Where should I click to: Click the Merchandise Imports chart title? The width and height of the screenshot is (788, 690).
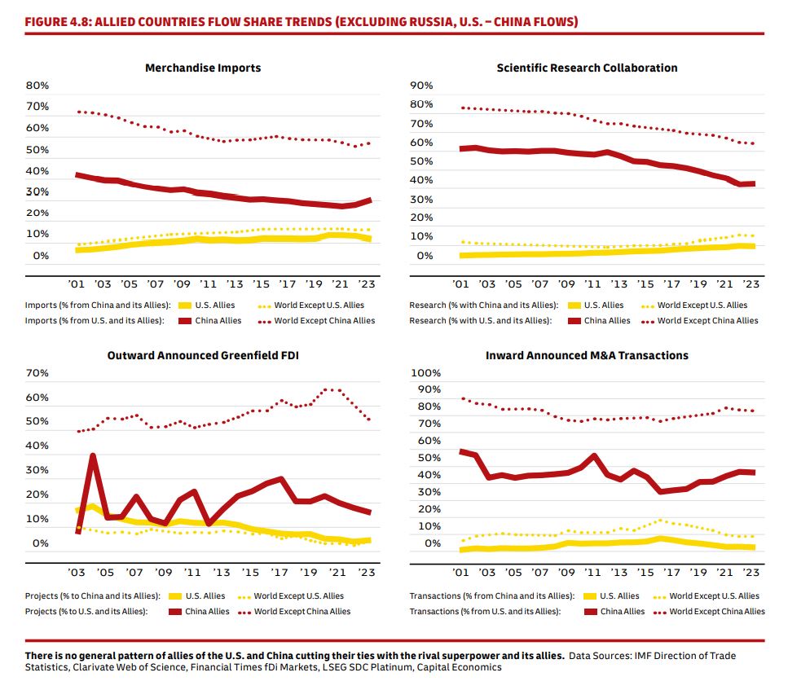pyautogui.click(x=203, y=68)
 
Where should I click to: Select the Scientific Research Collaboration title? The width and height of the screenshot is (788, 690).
pyautogui.click(x=587, y=68)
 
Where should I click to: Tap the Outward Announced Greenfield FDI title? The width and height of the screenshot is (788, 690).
pyautogui.click(x=204, y=355)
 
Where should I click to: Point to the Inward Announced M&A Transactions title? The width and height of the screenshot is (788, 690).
pyautogui.click(x=587, y=355)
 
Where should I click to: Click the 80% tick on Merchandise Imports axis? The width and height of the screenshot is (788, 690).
pyautogui.click(x=37, y=86)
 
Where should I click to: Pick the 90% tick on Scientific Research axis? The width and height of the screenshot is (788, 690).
pyautogui.click(x=421, y=86)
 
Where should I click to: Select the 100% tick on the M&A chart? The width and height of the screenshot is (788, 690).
pyautogui.click(x=424, y=373)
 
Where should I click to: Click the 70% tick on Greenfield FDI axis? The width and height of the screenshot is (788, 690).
pyautogui.click(x=37, y=373)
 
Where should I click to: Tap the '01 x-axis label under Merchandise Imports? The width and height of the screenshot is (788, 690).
pyautogui.click(x=78, y=284)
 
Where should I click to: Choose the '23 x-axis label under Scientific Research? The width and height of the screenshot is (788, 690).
pyautogui.click(x=751, y=284)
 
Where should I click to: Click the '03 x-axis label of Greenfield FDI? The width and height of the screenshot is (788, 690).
pyautogui.click(x=77, y=572)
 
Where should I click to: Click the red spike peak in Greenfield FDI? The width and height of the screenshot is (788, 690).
pyautogui.click(x=93, y=456)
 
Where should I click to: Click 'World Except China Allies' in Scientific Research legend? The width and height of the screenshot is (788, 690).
pyautogui.click(x=708, y=320)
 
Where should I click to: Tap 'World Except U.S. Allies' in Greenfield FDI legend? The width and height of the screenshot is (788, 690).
pyautogui.click(x=299, y=596)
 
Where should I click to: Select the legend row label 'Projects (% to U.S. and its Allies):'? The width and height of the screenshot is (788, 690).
pyautogui.click(x=86, y=611)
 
